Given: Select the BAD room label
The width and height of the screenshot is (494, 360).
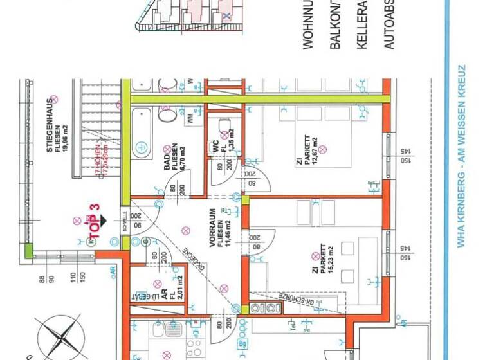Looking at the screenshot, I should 167,157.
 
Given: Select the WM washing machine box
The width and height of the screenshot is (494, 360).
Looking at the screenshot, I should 190,118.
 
